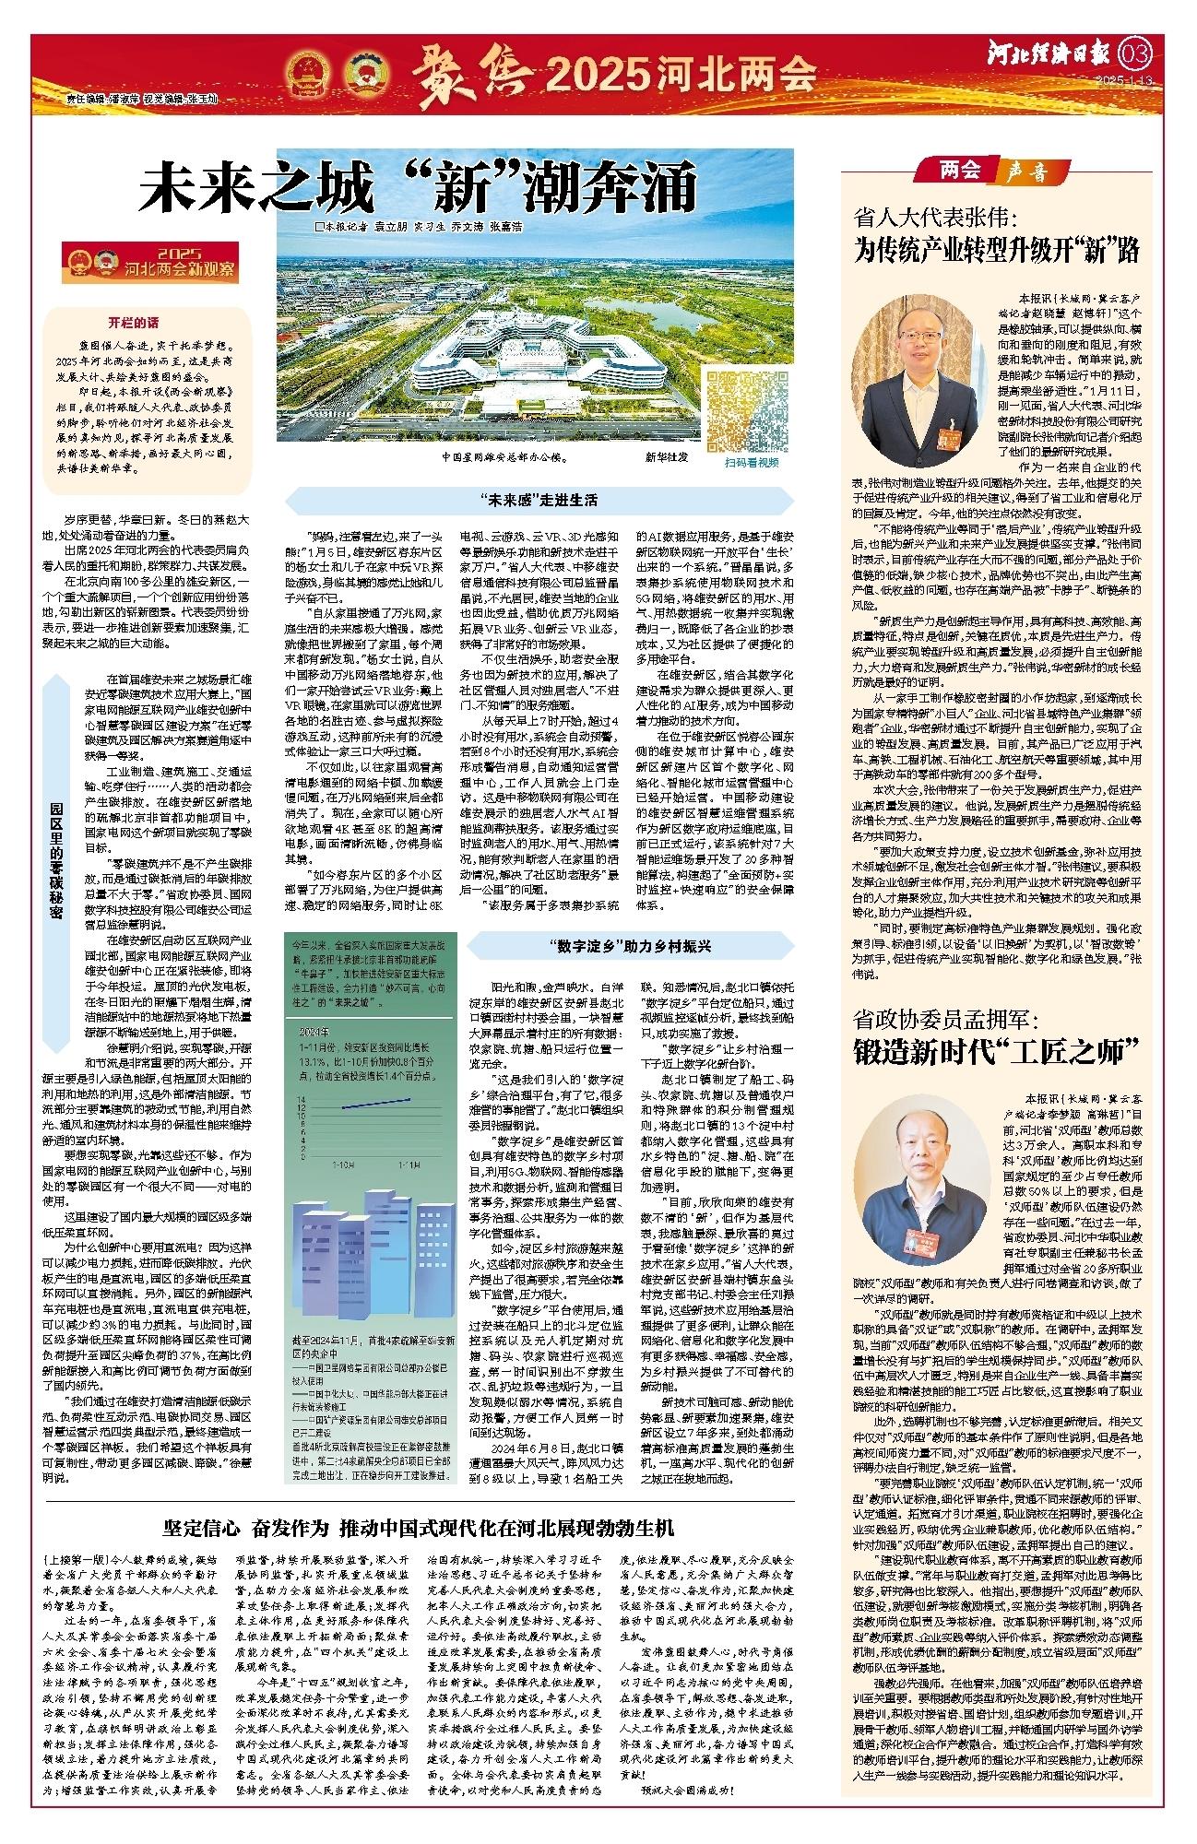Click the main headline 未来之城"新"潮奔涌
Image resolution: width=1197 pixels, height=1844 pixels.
tap(418, 190)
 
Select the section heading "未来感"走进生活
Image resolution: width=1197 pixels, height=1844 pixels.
tap(539, 501)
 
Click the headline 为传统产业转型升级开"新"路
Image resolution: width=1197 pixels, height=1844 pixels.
tap(998, 250)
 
